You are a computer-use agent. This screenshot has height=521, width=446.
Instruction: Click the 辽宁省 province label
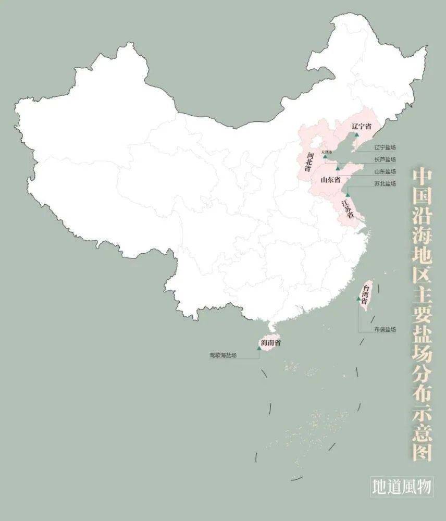pyautogui.click(x=361, y=127)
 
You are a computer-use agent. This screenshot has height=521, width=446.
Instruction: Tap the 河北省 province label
pyautogui.click(x=309, y=162)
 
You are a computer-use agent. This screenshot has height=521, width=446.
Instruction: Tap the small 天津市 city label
pyautogui.click(x=326, y=152)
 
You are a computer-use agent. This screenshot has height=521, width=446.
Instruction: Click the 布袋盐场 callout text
pyautogui.click(x=385, y=329)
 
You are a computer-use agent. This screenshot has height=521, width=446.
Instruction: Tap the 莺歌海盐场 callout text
pyautogui.click(x=224, y=356)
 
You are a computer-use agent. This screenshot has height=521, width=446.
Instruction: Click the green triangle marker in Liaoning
pyautogui.click(x=357, y=135)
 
